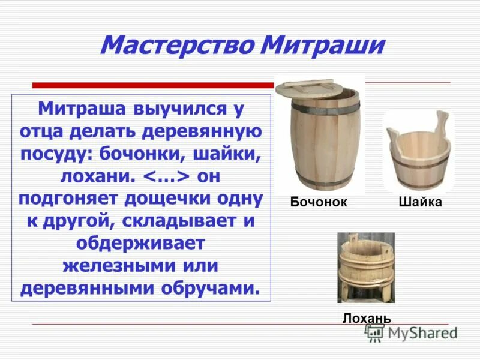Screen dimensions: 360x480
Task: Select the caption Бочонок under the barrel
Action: (x=319, y=202)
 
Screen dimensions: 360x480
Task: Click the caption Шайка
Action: (x=420, y=202)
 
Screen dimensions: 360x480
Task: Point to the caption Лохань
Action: (x=367, y=317)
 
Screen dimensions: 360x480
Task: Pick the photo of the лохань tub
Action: (x=366, y=267)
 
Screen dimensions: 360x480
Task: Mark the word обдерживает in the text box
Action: (x=141, y=242)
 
